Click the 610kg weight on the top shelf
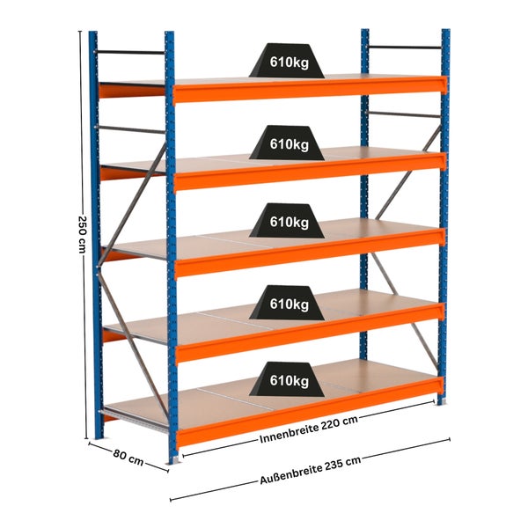pyautogui.click(x=287, y=61)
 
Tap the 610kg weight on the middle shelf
pyautogui.click(x=287, y=221)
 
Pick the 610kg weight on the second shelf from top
pyautogui.click(x=287, y=143)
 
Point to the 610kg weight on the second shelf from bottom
pyautogui.click(x=287, y=303)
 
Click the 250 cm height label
pyautogui.click(x=82, y=234)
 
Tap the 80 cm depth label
pyautogui.click(x=128, y=458)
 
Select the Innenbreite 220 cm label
pyautogui.click(x=309, y=429)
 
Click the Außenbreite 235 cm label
pyautogui.click(x=311, y=470)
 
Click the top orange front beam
pyautogui.click(x=310, y=89)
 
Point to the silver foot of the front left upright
pyautogui.click(x=175, y=460)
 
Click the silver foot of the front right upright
pyautogui.click(x=442, y=402)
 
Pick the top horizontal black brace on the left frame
pyautogui.click(x=130, y=53)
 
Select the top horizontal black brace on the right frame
pyautogui.click(x=405, y=48)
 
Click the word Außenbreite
pyautogui.click(x=290, y=475)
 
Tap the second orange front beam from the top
pyautogui.click(x=310, y=171)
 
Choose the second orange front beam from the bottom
pyautogui.click(x=310, y=333)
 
